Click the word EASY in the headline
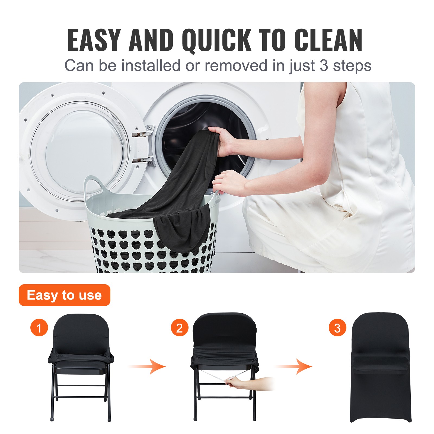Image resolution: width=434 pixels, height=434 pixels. click(x=94, y=40)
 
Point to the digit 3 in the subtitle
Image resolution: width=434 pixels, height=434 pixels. click(x=324, y=66)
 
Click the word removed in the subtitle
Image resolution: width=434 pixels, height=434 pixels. click(x=236, y=66)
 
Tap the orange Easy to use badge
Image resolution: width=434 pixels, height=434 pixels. click(x=64, y=295)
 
